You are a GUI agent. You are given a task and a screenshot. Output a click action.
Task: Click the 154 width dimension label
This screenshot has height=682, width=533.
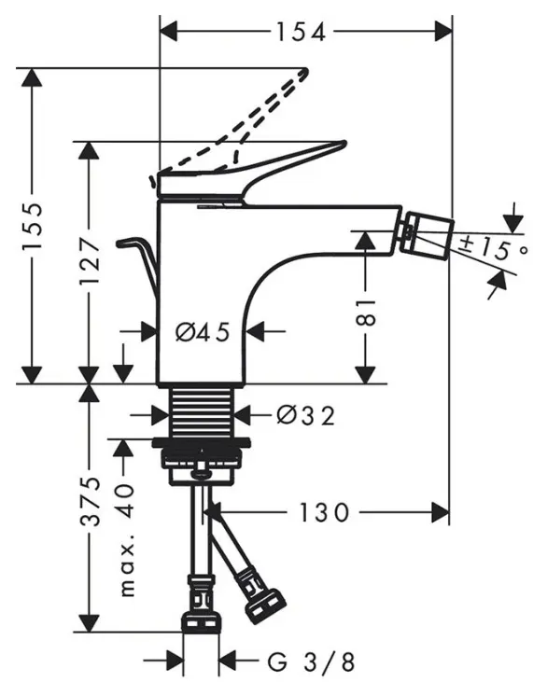[x=302, y=32]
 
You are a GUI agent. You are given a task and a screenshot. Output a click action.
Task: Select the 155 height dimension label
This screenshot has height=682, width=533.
[x=33, y=226]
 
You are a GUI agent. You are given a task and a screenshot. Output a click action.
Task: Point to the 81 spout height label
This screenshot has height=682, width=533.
[x=366, y=313]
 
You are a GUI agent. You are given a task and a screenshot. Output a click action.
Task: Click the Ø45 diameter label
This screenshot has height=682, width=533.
[x=203, y=333]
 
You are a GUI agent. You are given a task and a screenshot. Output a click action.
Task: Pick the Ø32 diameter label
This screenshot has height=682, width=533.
[x=306, y=416]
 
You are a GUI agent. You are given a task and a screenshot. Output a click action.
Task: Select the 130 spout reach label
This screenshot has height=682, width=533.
[x=324, y=512]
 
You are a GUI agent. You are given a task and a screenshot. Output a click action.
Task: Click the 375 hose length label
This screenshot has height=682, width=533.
[x=91, y=502]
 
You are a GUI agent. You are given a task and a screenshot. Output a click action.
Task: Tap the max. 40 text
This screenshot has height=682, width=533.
[x=126, y=540]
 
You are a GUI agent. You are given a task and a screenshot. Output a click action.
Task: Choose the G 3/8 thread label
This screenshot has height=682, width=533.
[x=311, y=662]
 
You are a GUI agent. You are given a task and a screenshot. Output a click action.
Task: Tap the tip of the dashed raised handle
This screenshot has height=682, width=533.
[x=305, y=71]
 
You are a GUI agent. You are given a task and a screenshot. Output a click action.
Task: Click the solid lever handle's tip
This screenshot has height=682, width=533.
[x=344, y=143]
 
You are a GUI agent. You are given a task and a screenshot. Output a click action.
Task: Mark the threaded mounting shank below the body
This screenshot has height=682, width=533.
[x=202, y=411]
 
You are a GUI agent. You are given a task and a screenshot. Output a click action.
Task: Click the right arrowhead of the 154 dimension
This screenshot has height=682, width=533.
[x=443, y=32]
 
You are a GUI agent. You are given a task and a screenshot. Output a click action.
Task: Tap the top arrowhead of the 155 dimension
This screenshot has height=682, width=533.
[x=32, y=77]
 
